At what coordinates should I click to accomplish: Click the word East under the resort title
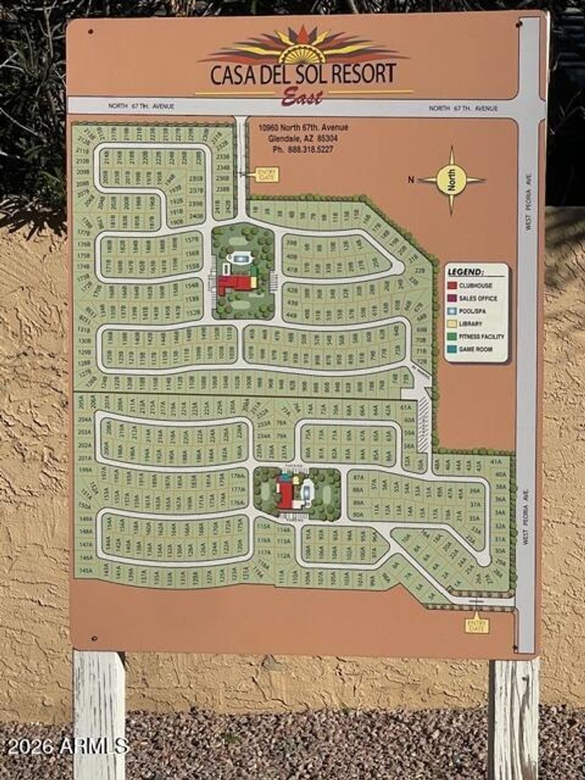(x=302, y=97)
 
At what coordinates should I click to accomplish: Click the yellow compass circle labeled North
(x=451, y=180)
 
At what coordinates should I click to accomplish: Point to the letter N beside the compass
(x=411, y=180)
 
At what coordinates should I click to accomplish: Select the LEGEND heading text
(x=465, y=272)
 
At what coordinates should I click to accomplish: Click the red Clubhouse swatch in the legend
(x=452, y=285)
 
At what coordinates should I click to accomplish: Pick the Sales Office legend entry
(x=478, y=298)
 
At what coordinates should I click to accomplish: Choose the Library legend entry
(x=471, y=323)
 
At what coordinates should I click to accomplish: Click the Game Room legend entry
(x=475, y=349)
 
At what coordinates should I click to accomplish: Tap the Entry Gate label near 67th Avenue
(x=266, y=173)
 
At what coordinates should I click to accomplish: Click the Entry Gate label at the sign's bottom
(x=477, y=625)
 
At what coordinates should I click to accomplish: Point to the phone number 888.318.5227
(x=303, y=149)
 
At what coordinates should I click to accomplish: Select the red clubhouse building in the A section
(x=286, y=491)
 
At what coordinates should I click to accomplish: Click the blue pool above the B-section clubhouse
(x=239, y=259)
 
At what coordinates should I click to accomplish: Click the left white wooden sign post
(x=99, y=714)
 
